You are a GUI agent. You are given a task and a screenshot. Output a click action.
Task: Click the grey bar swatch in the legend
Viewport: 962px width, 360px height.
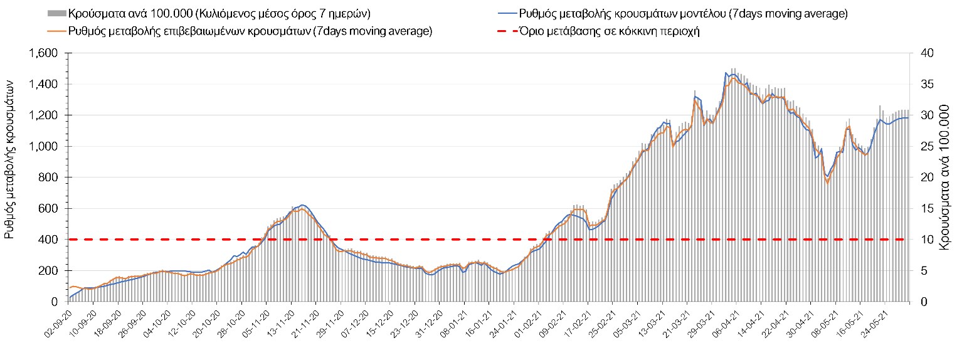(x=56, y=13)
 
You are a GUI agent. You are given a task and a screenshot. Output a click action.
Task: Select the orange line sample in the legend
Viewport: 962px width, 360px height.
(x=56, y=31)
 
